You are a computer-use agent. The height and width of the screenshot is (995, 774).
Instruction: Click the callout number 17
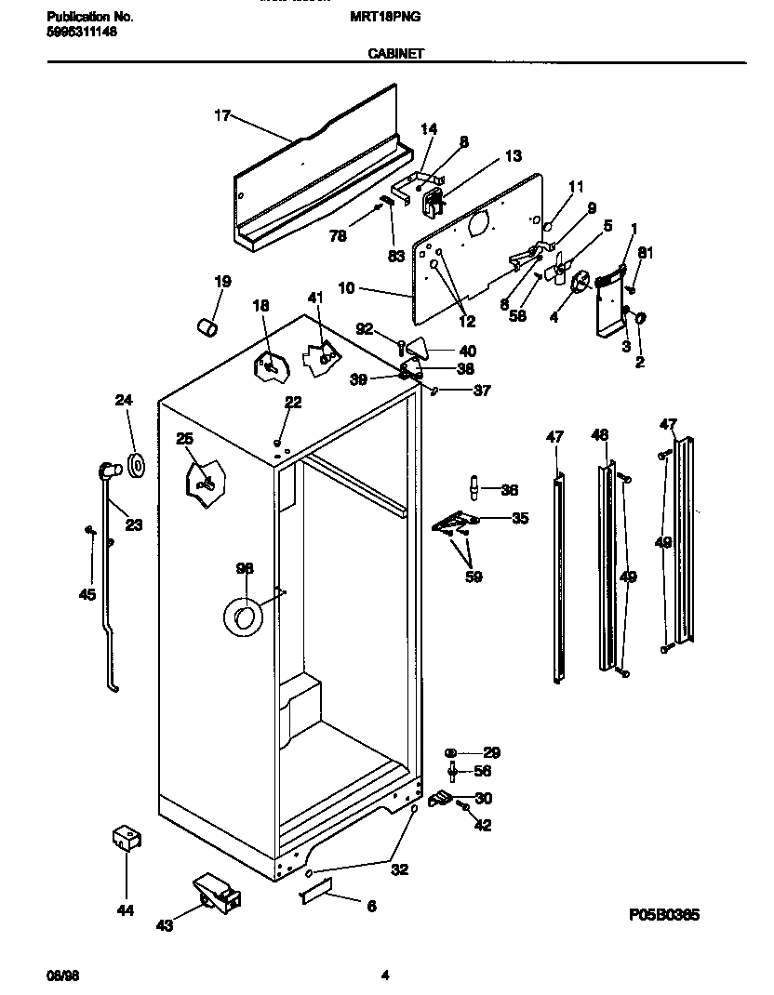[221, 115]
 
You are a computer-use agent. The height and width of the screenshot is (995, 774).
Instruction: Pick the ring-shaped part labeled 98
[244, 617]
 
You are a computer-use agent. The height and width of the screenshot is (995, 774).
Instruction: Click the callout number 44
[126, 910]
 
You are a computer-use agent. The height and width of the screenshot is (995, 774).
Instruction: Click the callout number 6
[371, 906]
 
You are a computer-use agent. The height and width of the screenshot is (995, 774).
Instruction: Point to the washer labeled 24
[137, 465]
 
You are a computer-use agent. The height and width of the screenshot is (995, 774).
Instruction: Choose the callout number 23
[133, 525]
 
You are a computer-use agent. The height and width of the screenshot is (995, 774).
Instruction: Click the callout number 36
[509, 490]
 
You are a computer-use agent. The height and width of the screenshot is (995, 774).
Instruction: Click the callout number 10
[345, 289]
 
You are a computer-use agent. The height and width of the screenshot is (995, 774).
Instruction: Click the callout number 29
[491, 752]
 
